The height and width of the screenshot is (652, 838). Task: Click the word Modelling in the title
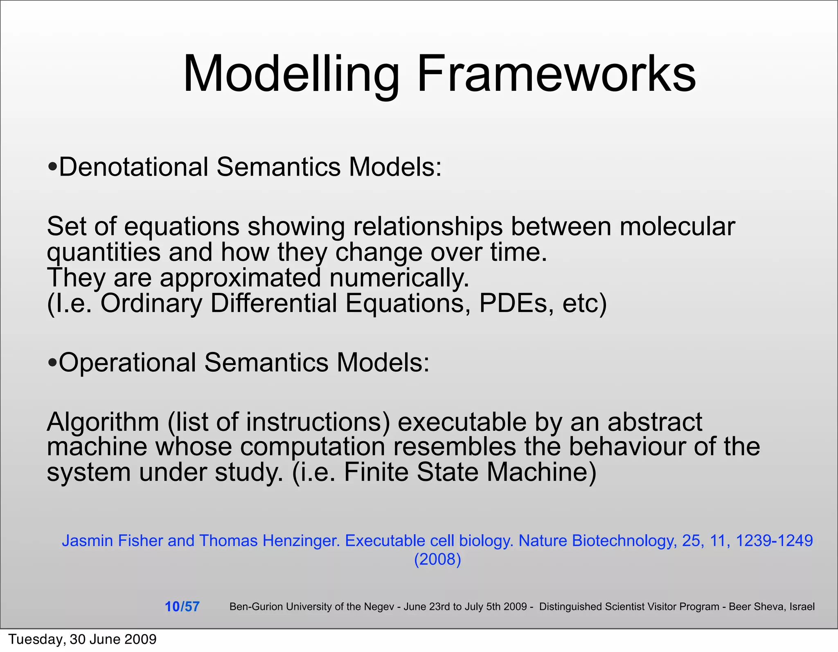291,75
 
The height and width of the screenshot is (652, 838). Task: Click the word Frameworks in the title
556,75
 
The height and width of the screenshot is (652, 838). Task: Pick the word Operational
127,363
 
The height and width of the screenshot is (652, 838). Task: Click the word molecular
677,226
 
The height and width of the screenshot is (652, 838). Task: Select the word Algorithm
103,422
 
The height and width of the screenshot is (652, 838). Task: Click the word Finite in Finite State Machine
376,472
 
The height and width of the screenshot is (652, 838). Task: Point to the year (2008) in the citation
437,559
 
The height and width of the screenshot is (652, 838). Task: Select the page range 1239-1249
774,541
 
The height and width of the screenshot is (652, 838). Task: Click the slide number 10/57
182,607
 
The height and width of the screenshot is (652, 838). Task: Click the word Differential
273,303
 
